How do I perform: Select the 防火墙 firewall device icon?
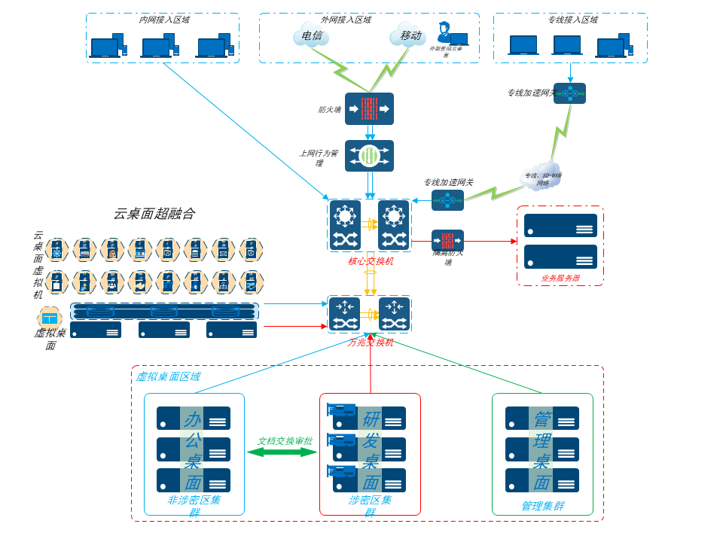369,108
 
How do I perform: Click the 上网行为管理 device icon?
369,156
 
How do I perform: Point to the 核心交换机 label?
370,261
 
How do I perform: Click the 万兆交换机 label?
370,342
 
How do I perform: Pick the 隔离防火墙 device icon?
447,241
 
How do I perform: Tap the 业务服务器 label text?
560,279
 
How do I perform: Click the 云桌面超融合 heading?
154,214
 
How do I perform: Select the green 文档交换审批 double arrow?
282,452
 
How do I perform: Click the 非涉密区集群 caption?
194,506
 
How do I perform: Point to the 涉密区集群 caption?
370,506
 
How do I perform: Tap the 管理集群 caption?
542,506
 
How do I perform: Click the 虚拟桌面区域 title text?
168,376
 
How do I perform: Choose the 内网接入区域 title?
164,20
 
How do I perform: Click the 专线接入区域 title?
573,20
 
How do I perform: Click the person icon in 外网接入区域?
444,32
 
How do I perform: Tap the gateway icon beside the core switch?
447,200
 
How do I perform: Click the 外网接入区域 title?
346,20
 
